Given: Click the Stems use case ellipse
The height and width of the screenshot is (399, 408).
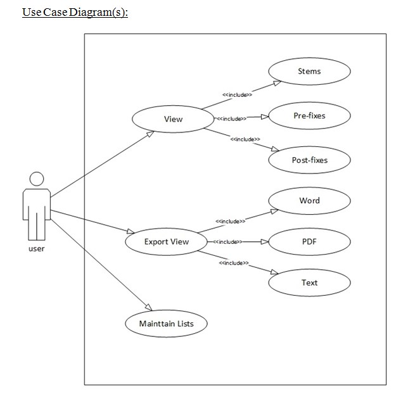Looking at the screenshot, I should (x=309, y=72).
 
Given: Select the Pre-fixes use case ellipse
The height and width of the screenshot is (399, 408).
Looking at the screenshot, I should (x=309, y=116).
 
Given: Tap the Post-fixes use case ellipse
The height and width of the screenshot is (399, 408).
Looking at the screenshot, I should (x=309, y=160).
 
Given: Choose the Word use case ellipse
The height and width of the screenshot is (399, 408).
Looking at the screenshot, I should (x=309, y=201).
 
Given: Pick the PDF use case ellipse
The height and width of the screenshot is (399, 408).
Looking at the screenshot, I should (x=309, y=241).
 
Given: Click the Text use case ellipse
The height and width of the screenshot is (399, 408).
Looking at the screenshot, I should (x=309, y=282).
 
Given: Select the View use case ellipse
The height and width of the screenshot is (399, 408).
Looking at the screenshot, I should (x=173, y=119).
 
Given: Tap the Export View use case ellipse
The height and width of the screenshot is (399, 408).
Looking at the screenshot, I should (x=167, y=242).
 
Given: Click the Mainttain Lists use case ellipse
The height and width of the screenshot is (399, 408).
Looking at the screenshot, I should (x=167, y=324).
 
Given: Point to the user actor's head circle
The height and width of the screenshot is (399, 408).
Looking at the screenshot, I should (x=37, y=179).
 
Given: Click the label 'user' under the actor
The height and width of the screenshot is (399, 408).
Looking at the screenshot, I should (x=37, y=249).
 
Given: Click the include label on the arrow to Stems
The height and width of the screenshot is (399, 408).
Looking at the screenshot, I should (x=237, y=95).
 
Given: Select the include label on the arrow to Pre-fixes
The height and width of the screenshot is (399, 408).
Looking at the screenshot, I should (x=231, y=118).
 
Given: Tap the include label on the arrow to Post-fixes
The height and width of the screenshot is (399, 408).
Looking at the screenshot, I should (x=245, y=139).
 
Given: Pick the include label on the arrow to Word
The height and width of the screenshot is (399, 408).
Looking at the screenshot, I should (x=231, y=221).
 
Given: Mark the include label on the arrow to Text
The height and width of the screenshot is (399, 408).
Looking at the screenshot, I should (x=234, y=262).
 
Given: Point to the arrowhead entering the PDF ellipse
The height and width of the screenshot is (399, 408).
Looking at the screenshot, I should (x=265, y=241).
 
